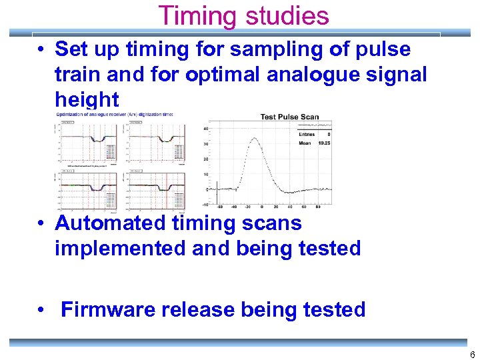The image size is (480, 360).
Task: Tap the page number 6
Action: [x=472, y=355]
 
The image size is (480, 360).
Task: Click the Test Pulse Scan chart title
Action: [x=289, y=117]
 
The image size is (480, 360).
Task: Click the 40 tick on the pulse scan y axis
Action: [x=207, y=129]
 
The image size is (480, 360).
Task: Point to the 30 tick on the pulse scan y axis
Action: [x=207, y=144]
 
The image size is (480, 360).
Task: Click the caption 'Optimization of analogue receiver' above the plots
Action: [x=113, y=114]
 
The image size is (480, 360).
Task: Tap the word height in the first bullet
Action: [x=87, y=100]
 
